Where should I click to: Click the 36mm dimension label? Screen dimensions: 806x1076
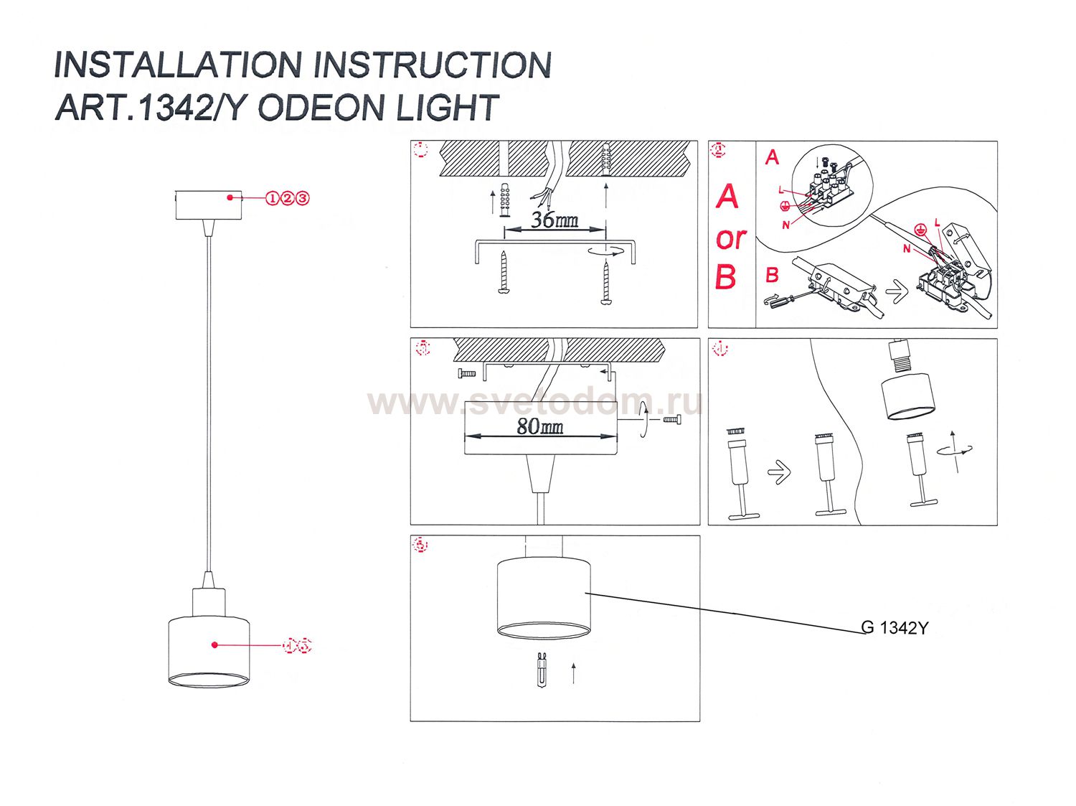coord(554,220)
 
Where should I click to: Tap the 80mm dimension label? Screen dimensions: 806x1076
coord(539,427)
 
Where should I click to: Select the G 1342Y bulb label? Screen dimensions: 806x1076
coord(895,628)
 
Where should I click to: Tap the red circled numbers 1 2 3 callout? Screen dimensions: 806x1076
coord(287,198)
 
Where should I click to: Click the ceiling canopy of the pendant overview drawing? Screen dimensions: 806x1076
coord(209,205)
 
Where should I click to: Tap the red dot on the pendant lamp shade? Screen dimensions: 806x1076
coord(214,645)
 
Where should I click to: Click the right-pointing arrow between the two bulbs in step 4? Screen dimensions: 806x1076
coord(779,472)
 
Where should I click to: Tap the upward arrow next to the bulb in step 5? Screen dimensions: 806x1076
coord(574,674)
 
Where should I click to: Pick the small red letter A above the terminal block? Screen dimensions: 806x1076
coord(772,157)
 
